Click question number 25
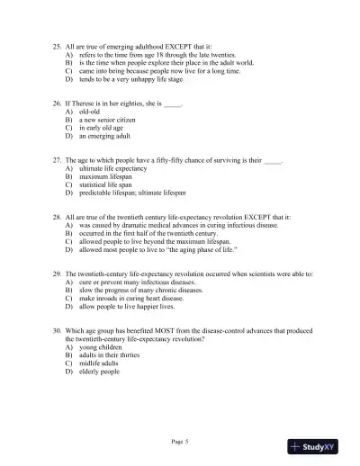(x=58, y=44)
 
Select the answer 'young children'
(x=99, y=346)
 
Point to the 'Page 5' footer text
(x=180, y=441)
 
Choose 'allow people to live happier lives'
(x=132, y=306)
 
